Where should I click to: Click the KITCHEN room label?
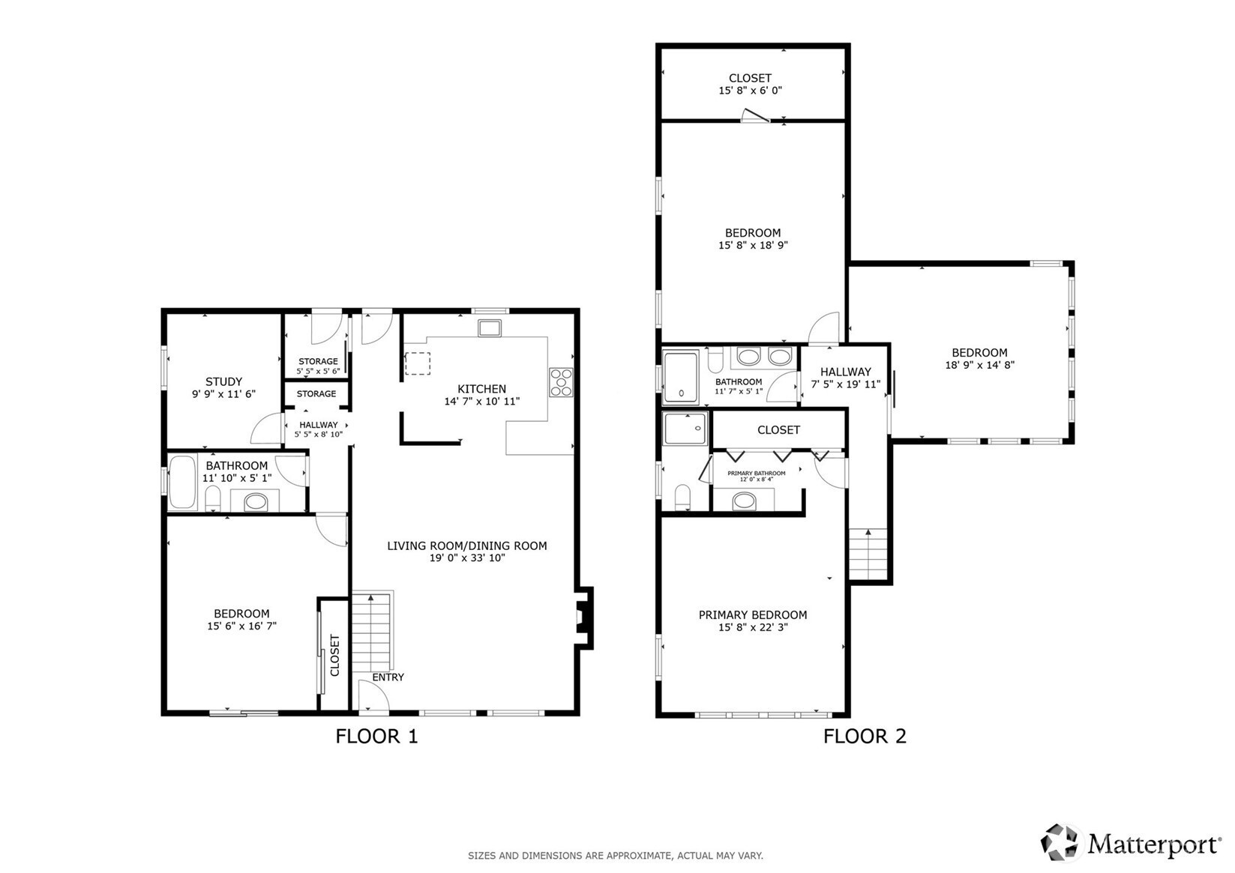tap(481, 389)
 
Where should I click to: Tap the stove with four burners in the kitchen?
tap(562, 382)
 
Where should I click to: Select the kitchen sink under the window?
tap(490, 328)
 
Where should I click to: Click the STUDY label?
tap(224, 381)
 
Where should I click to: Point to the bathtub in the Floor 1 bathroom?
tap(182, 482)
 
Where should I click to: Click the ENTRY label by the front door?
tap(388, 677)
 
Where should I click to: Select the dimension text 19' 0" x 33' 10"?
tap(467, 558)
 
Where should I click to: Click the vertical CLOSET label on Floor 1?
tap(334, 655)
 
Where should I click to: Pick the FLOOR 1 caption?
tap(377, 737)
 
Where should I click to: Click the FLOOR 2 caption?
tap(865, 737)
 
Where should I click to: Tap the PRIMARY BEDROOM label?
tap(753, 614)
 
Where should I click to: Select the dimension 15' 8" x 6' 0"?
tap(751, 91)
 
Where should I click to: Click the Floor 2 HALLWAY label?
tap(845, 372)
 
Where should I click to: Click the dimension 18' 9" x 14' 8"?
tap(980, 365)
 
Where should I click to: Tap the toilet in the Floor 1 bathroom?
tap(213, 498)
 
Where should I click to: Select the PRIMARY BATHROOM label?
tap(757, 473)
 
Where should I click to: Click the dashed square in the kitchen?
tap(418, 363)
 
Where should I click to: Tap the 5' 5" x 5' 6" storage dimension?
tap(318, 372)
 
